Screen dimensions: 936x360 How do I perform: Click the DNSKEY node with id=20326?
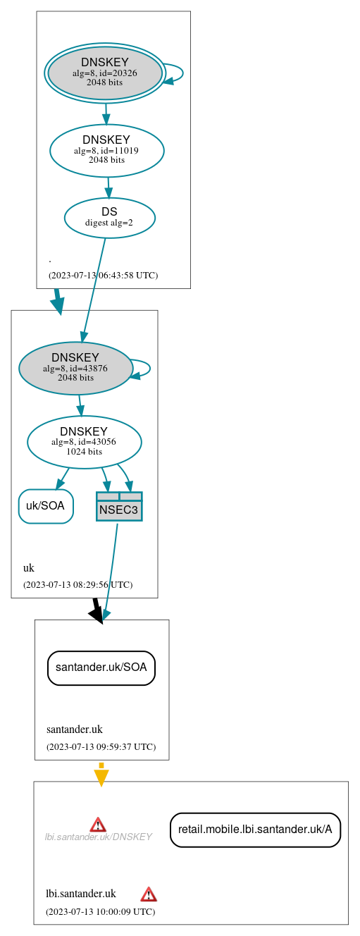104,73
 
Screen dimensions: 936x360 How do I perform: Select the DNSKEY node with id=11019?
106,150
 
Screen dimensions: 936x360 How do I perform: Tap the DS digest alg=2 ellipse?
109,217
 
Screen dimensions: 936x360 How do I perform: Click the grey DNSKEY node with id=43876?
75,368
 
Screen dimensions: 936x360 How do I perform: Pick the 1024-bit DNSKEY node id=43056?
84,442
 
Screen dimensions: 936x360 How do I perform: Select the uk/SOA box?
45,506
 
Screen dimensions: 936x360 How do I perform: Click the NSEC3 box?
119,507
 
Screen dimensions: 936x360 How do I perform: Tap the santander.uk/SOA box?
101,667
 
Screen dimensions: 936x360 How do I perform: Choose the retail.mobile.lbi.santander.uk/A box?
255,830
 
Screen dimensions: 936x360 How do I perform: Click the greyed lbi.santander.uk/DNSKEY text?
98,837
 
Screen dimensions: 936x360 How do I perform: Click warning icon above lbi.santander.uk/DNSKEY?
98,824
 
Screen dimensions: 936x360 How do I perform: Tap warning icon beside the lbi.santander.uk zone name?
148,894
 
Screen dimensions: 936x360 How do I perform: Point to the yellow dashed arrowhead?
101,777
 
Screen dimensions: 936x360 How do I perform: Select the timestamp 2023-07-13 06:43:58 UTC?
103,276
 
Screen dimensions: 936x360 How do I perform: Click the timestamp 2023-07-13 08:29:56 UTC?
77,585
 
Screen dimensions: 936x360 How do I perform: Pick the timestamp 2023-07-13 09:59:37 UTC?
101,747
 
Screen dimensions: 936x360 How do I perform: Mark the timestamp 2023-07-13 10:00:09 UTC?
100,912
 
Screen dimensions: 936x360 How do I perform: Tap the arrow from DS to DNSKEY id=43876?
94,289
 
